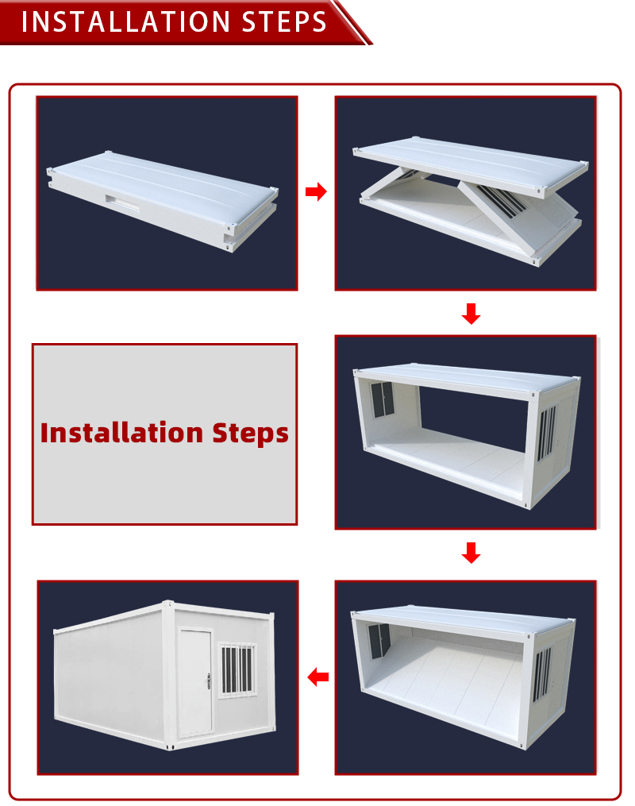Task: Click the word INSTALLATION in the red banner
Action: (x=125, y=21)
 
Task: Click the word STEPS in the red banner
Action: (x=284, y=21)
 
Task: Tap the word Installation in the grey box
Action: (x=121, y=432)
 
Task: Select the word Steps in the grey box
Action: (x=251, y=434)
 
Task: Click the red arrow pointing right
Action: (x=316, y=191)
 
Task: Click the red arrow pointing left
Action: (x=318, y=677)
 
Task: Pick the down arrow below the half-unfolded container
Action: (x=471, y=314)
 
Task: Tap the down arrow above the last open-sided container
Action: (x=471, y=553)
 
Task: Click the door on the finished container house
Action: (x=195, y=683)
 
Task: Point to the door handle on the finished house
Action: (x=209, y=681)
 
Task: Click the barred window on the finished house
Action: (x=237, y=669)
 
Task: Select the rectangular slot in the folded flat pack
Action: (x=123, y=202)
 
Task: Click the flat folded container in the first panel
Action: (x=163, y=200)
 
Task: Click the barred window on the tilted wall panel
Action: (x=501, y=200)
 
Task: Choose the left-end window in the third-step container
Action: (x=383, y=399)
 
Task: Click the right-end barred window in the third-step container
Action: (x=547, y=433)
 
